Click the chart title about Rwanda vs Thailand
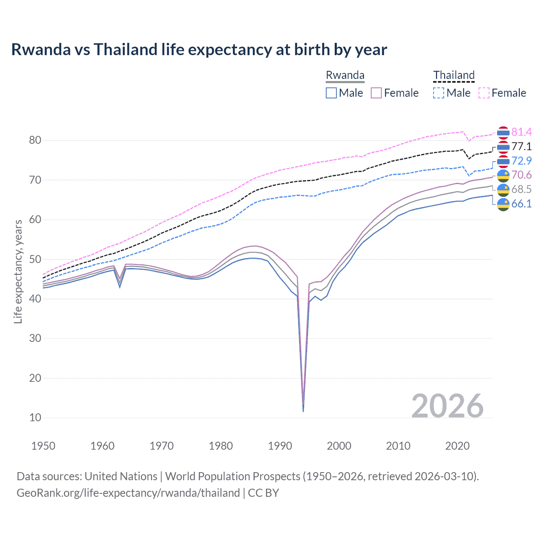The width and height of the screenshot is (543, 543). [199, 50]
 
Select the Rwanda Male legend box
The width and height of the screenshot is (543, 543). [331, 93]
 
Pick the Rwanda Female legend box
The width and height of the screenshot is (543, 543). [377, 93]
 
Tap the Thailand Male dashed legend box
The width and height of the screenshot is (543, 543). [439, 93]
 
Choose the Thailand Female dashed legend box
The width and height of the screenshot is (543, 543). [484, 93]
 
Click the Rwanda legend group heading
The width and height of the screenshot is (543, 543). [345, 75]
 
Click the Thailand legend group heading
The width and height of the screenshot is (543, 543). [453, 75]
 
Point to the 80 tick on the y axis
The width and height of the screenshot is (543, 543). [35, 140]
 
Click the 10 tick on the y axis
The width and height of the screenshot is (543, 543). [35, 418]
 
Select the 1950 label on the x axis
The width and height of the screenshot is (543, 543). [43, 446]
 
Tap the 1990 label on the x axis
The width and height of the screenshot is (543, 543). [280, 446]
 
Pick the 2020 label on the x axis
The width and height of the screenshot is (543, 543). [457, 446]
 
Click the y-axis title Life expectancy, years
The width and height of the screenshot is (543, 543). [18, 271]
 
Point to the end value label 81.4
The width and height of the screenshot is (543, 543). [521, 132]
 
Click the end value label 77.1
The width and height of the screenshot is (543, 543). [521, 147]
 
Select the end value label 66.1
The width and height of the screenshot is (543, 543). [521, 204]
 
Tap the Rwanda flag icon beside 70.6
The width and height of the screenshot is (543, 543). [503, 175]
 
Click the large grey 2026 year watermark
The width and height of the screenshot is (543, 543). [448, 406]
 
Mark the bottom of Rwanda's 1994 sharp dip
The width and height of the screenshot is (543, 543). [303, 411]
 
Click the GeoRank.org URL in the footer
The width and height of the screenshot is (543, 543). [128, 493]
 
